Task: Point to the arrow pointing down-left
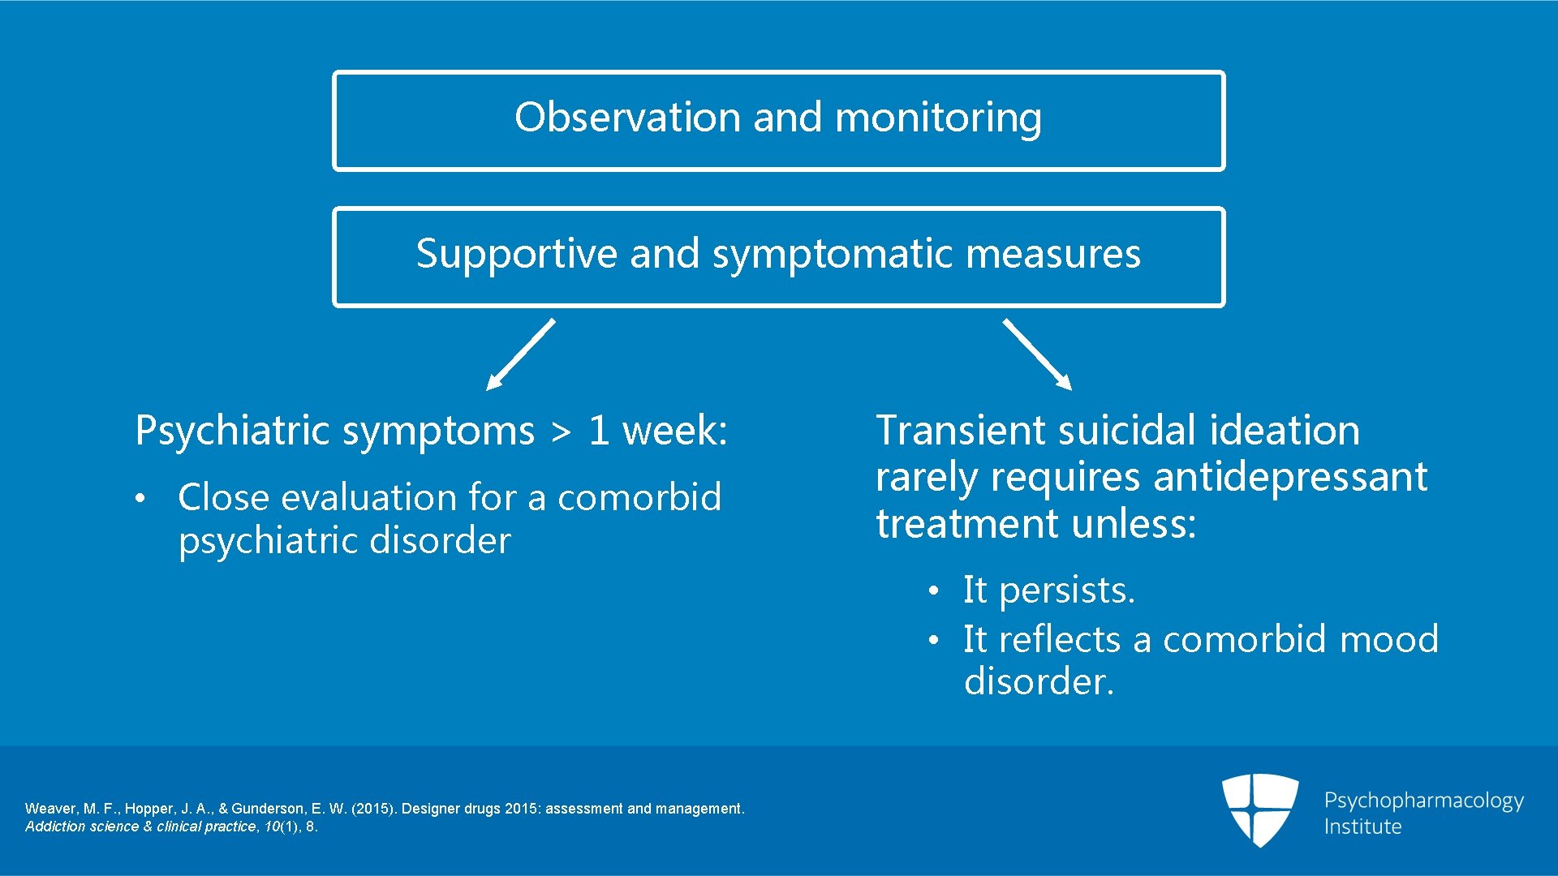(x=519, y=355)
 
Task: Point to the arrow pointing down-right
(x=1037, y=355)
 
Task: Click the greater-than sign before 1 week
(x=561, y=432)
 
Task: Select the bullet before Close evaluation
(x=140, y=498)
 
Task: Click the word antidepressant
(x=1290, y=477)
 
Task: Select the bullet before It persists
(x=934, y=590)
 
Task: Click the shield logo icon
(x=1259, y=809)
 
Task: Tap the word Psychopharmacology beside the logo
(x=1423, y=801)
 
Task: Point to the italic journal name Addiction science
(x=81, y=827)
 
